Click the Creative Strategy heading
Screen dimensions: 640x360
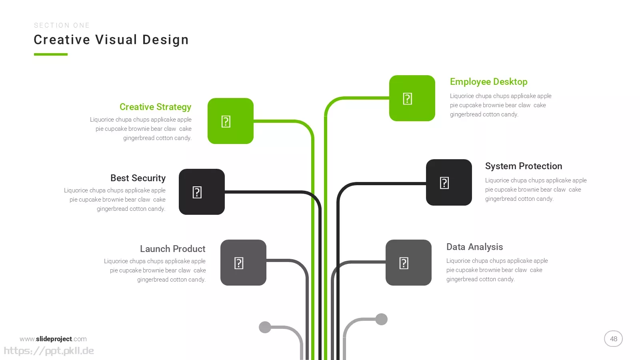(x=156, y=107)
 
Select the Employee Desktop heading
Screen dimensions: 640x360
(x=488, y=82)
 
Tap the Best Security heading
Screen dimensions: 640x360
(x=138, y=178)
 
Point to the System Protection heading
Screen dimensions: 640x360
(x=524, y=166)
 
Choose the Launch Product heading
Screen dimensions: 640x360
(x=172, y=249)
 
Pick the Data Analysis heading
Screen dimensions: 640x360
(x=474, y=247)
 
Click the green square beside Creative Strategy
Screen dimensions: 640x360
(x=230, y=121)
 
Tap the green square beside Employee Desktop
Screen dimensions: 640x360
(x=412, y=98)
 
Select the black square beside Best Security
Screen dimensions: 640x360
(x=202, y=192)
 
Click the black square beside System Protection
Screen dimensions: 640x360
(x=449, y=182)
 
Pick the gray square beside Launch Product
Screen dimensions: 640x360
(x=243, y=262)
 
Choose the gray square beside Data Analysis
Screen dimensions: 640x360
(x=408, y=262)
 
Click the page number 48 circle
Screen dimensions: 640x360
(x=613, y=338)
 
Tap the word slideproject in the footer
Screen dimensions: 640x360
(x=54, y=339)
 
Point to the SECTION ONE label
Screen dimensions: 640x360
(x=62, y=26)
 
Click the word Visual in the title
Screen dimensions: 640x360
(x=116, y=40)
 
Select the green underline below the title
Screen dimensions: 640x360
(x=50, y=54)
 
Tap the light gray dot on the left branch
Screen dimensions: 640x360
(x=265, y=327)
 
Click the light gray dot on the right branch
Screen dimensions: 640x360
(x=381, y=319)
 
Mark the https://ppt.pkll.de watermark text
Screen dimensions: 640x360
(x=49, y=351)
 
